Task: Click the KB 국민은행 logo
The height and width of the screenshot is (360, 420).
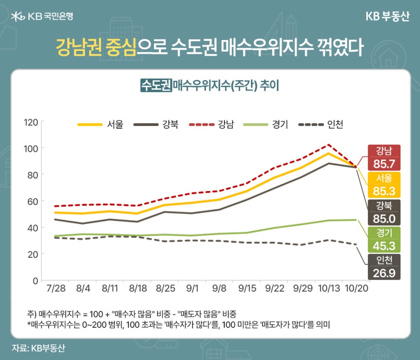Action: [42, 17]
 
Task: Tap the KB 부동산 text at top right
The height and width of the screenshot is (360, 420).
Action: [386, 17]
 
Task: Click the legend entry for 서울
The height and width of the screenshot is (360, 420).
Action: [100, 125]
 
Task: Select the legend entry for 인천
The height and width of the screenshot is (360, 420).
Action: [321, 125]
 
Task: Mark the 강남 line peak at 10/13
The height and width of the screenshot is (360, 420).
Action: [329, 145]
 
